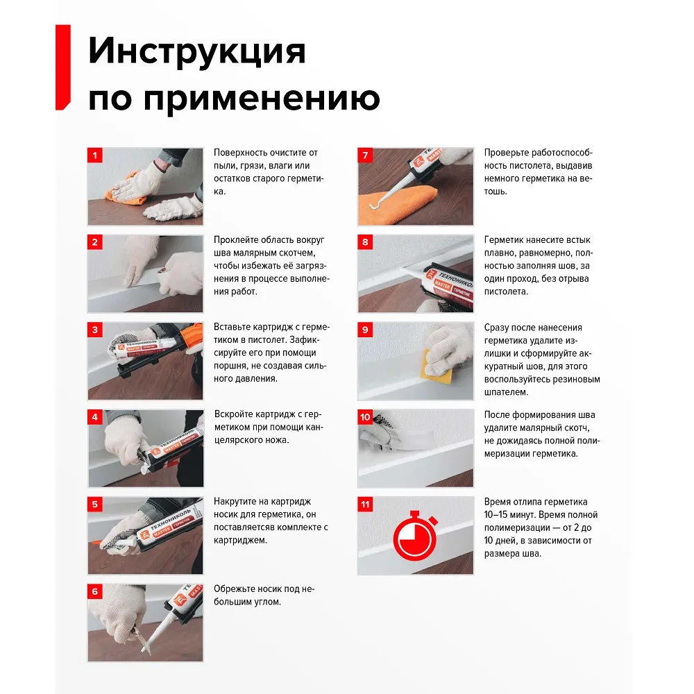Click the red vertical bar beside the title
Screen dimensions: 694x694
63,67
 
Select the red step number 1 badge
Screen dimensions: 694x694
94,155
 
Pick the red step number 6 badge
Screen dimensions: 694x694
94,591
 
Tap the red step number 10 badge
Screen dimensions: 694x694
365,417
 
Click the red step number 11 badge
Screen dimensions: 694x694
365,504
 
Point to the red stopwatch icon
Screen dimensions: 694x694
415,536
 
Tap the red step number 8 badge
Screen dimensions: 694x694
365,242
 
